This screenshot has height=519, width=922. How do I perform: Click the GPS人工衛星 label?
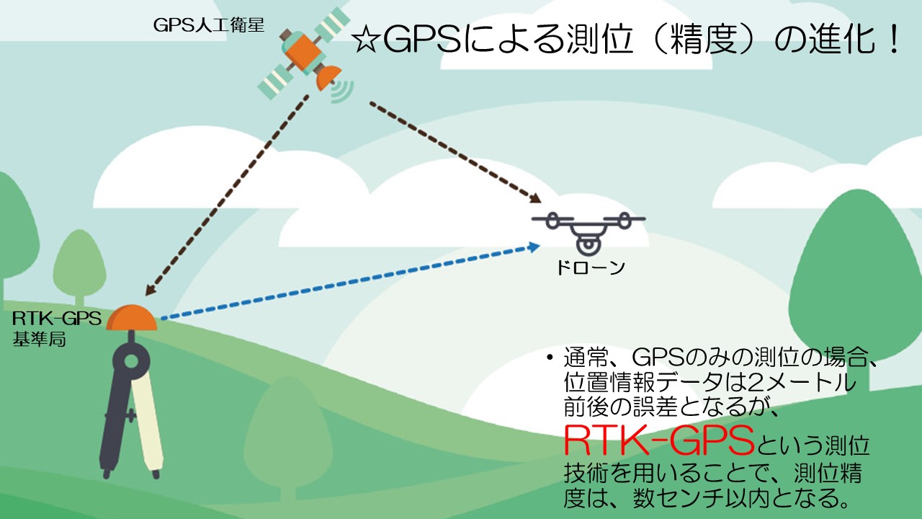[x=208, y=26]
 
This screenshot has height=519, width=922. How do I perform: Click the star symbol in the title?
[x=367, y=41]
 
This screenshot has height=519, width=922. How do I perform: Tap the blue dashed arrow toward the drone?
[x=346, y=283]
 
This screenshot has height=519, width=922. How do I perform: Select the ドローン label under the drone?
[x=589, y=268]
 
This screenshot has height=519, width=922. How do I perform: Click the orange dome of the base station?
[x=131, y=319]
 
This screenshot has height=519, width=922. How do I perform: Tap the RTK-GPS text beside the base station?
[x=56, y=317]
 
